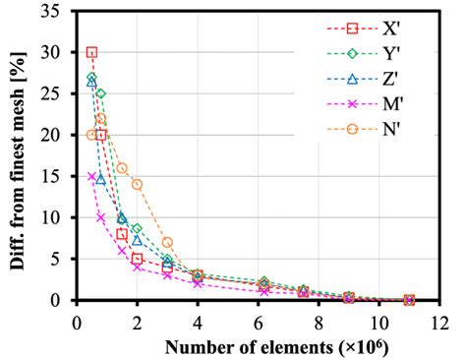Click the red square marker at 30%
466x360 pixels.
(91, 52)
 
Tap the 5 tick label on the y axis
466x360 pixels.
(62, 260)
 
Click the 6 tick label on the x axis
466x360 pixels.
(259, 320)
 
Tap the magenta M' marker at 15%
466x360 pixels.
(91, 177)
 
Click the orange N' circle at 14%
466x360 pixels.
(137, 184)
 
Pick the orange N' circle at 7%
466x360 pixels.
(167, 242)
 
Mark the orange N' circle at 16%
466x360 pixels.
(122, 167)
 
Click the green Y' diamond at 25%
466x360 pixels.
(100, 93)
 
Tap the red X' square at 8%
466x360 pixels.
(122, 234)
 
